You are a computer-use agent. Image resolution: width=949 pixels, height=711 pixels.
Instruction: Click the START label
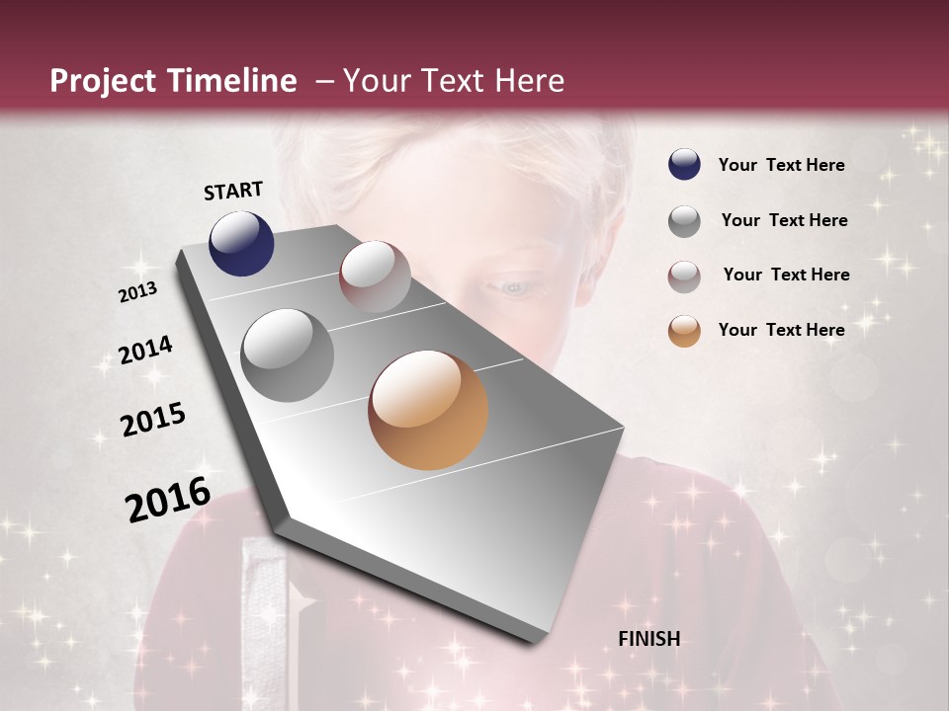[233, 191]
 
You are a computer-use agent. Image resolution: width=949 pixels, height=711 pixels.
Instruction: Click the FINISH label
[648, 639]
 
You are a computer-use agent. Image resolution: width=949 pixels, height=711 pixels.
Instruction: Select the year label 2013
[137, 292]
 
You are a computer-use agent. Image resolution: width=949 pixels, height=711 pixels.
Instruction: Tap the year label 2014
[145, 351]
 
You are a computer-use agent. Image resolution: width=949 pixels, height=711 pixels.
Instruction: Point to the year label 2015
[153, 420]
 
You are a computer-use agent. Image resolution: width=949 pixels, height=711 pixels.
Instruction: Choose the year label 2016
[168, 499]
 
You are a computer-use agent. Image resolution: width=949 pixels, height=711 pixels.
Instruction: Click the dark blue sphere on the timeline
[241, 244]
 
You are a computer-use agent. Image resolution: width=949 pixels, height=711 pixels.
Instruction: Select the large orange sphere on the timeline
[428, 410]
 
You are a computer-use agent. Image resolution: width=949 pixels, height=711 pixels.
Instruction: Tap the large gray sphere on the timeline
[288, 355]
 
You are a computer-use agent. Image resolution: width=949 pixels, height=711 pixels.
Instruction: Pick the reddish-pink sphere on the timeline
[375, 276]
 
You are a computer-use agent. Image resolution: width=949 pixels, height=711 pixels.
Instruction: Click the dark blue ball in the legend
[684, 165]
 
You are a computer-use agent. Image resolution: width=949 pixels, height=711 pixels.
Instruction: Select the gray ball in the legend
[684, 220]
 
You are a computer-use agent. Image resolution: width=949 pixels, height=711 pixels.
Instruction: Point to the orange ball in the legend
[684, 331]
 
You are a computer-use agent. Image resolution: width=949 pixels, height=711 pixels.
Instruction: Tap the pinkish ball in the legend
[684, 276]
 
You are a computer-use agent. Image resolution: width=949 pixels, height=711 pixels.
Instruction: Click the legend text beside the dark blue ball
[781, 165]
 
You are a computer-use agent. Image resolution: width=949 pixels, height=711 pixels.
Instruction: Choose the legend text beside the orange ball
[781, 330]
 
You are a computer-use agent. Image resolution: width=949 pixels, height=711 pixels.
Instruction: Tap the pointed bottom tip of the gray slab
[535, 642]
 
